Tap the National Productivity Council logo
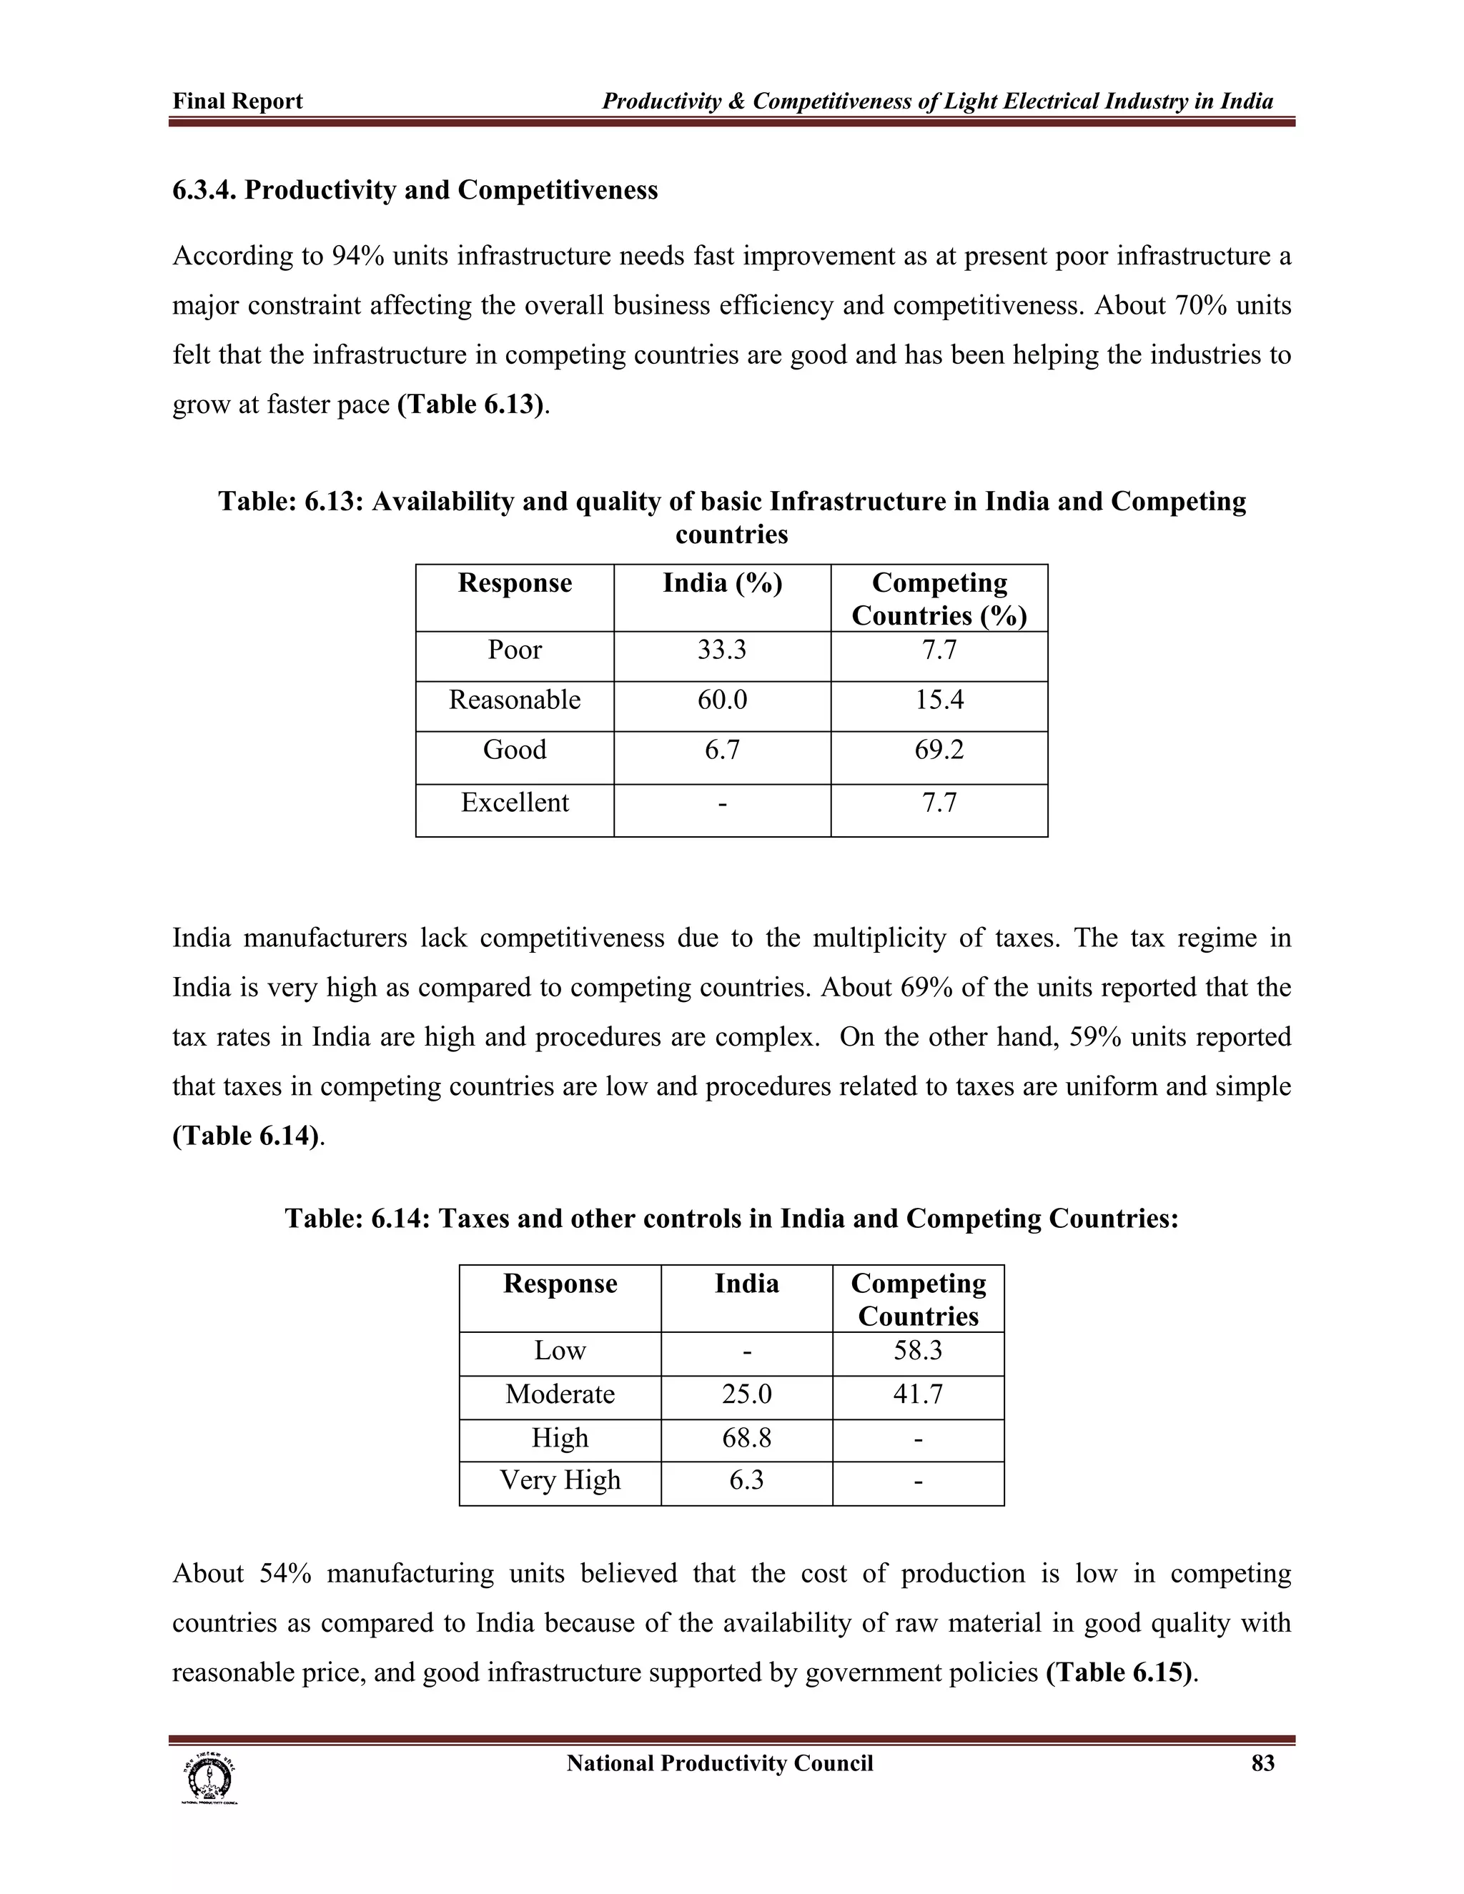(x=208, y=1779)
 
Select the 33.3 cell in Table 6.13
(x=721, y=650)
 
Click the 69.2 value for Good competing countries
(x=939, y=749)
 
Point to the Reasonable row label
(x=514, y=700)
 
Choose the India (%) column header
(x=721, y=582)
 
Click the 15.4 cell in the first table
(x=939, y=700)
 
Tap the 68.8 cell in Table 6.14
(x=746, y=1438)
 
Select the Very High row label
(x=560, y=1479)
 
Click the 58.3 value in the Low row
(x=918, y=1350)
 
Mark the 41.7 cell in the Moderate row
(x=918, y=1394)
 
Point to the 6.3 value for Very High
(x=746, y=1479)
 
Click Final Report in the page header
(x=237, y=101)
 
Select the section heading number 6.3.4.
(x=204, y=190)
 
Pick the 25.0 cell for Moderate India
(x=746, y=1394)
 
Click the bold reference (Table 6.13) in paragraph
(x=471, y=405)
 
